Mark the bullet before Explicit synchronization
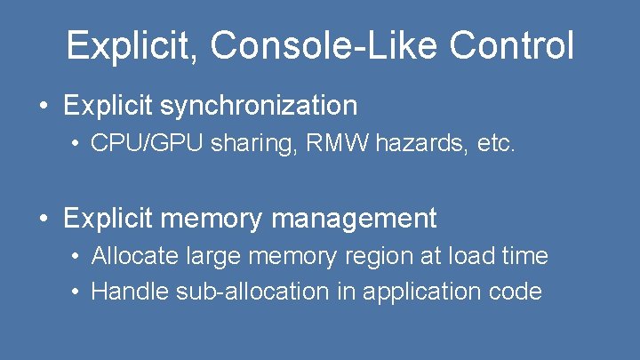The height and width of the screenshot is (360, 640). tap(44, 107)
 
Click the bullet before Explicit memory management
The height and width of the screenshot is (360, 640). tap(44, 219)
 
